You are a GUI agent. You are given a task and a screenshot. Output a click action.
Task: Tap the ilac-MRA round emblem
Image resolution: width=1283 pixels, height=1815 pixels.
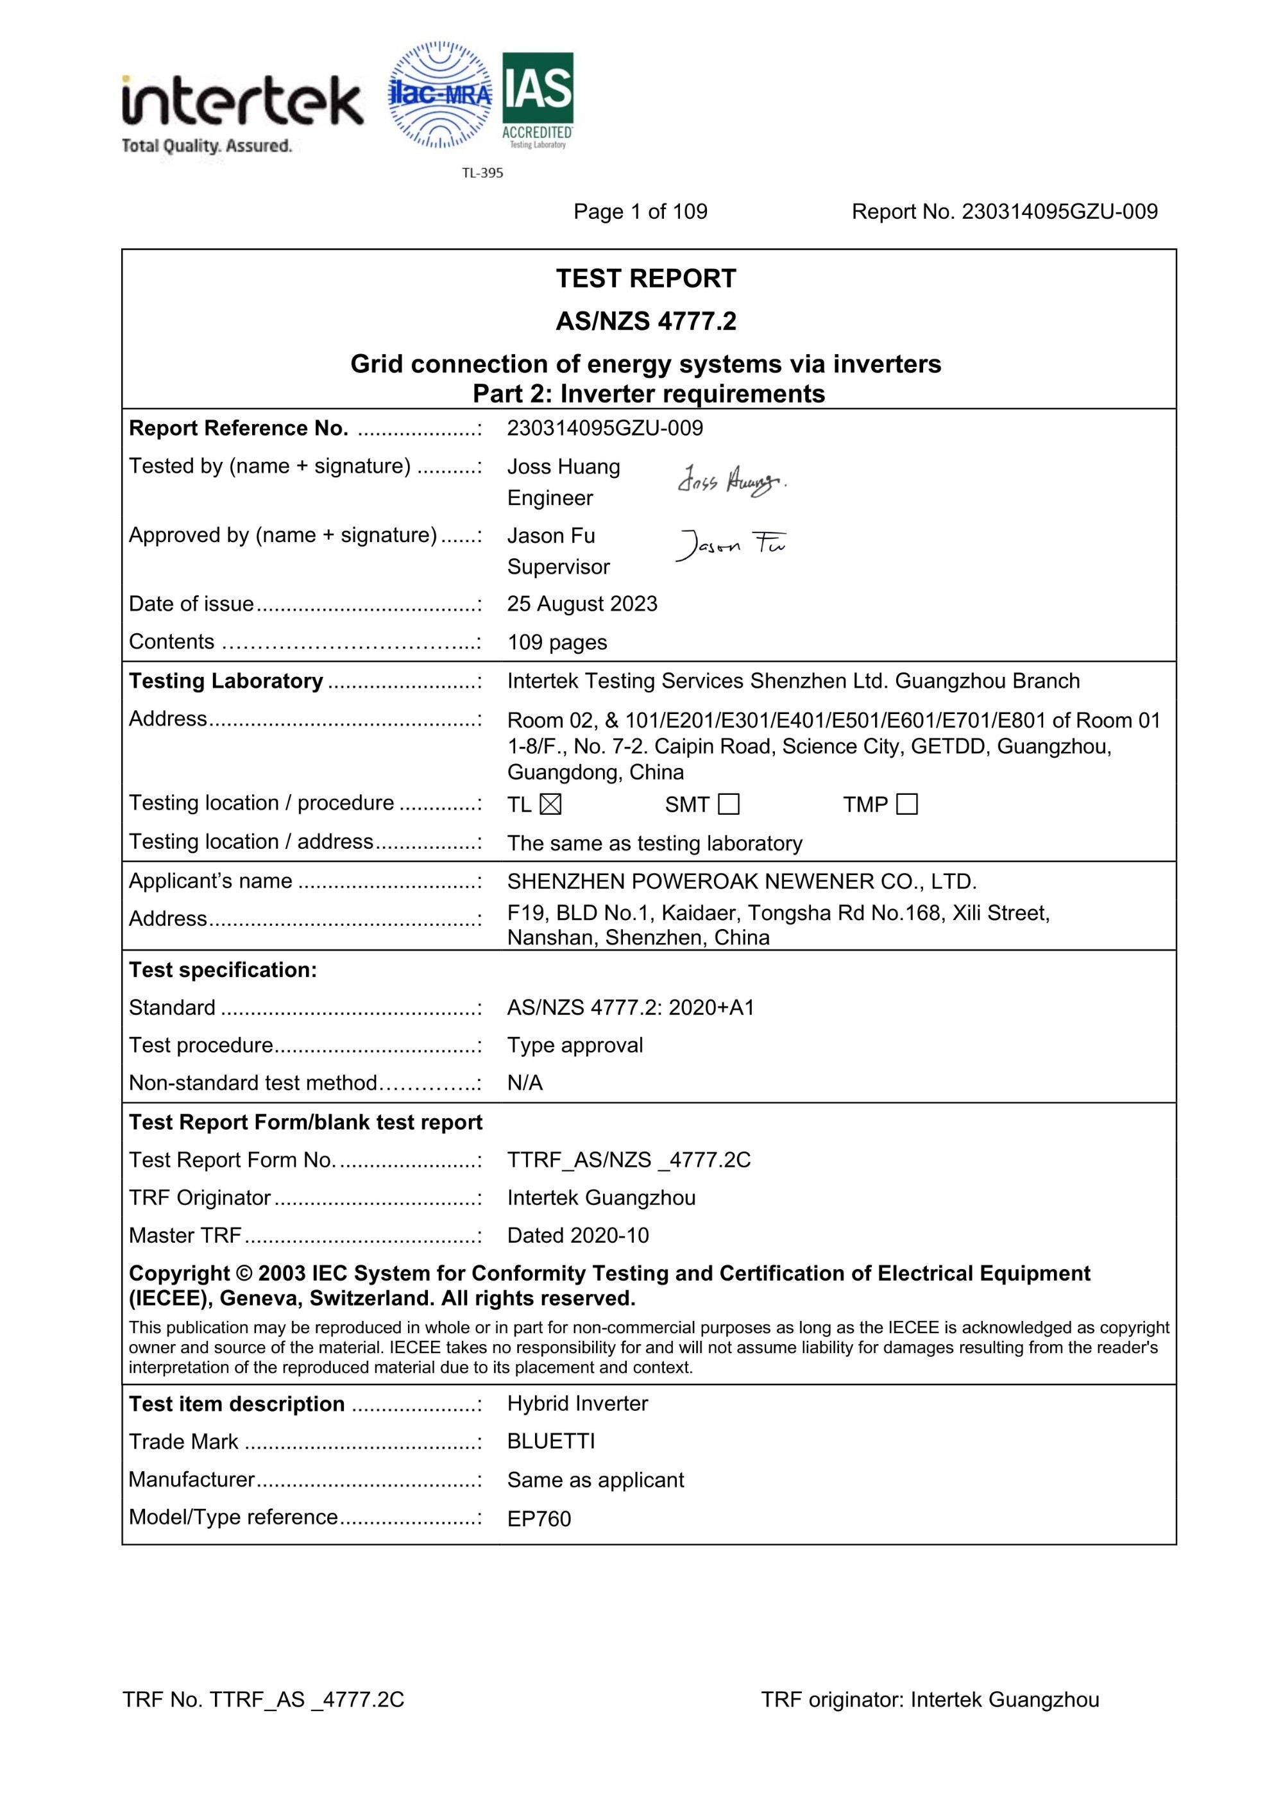click(x=439, y=95)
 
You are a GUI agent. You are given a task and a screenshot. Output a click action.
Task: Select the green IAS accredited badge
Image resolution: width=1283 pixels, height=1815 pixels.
click(x=538, y=99)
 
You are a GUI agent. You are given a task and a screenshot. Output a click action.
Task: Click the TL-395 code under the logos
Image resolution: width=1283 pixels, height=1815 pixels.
click(x=482, y=173)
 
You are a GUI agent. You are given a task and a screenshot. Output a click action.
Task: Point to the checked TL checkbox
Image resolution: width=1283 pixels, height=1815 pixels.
click(x=550, y=804)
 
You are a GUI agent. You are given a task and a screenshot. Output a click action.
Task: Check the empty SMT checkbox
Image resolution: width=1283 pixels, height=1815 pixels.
click(x=729, y=804)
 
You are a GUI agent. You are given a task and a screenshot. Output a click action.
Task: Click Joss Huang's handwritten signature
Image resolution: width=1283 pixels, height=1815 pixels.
click(x=731, y=480)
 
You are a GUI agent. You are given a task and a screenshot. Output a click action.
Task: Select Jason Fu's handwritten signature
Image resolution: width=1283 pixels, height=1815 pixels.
click(x=731, y=544)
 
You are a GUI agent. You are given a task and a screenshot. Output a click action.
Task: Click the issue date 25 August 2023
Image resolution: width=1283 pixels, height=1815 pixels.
click(x=582, y=604)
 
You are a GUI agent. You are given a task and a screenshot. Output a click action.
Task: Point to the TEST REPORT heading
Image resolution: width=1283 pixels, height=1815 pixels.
click(x=645, y=278)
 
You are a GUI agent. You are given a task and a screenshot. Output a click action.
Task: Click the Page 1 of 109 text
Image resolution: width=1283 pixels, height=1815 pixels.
click(x=640, y=212)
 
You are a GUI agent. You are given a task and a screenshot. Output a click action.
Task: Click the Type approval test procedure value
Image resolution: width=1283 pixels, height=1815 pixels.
click(x=575, y=1045)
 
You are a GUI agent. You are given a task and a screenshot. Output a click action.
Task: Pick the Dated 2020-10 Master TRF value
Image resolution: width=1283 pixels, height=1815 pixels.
click(x=578, y=1235)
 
